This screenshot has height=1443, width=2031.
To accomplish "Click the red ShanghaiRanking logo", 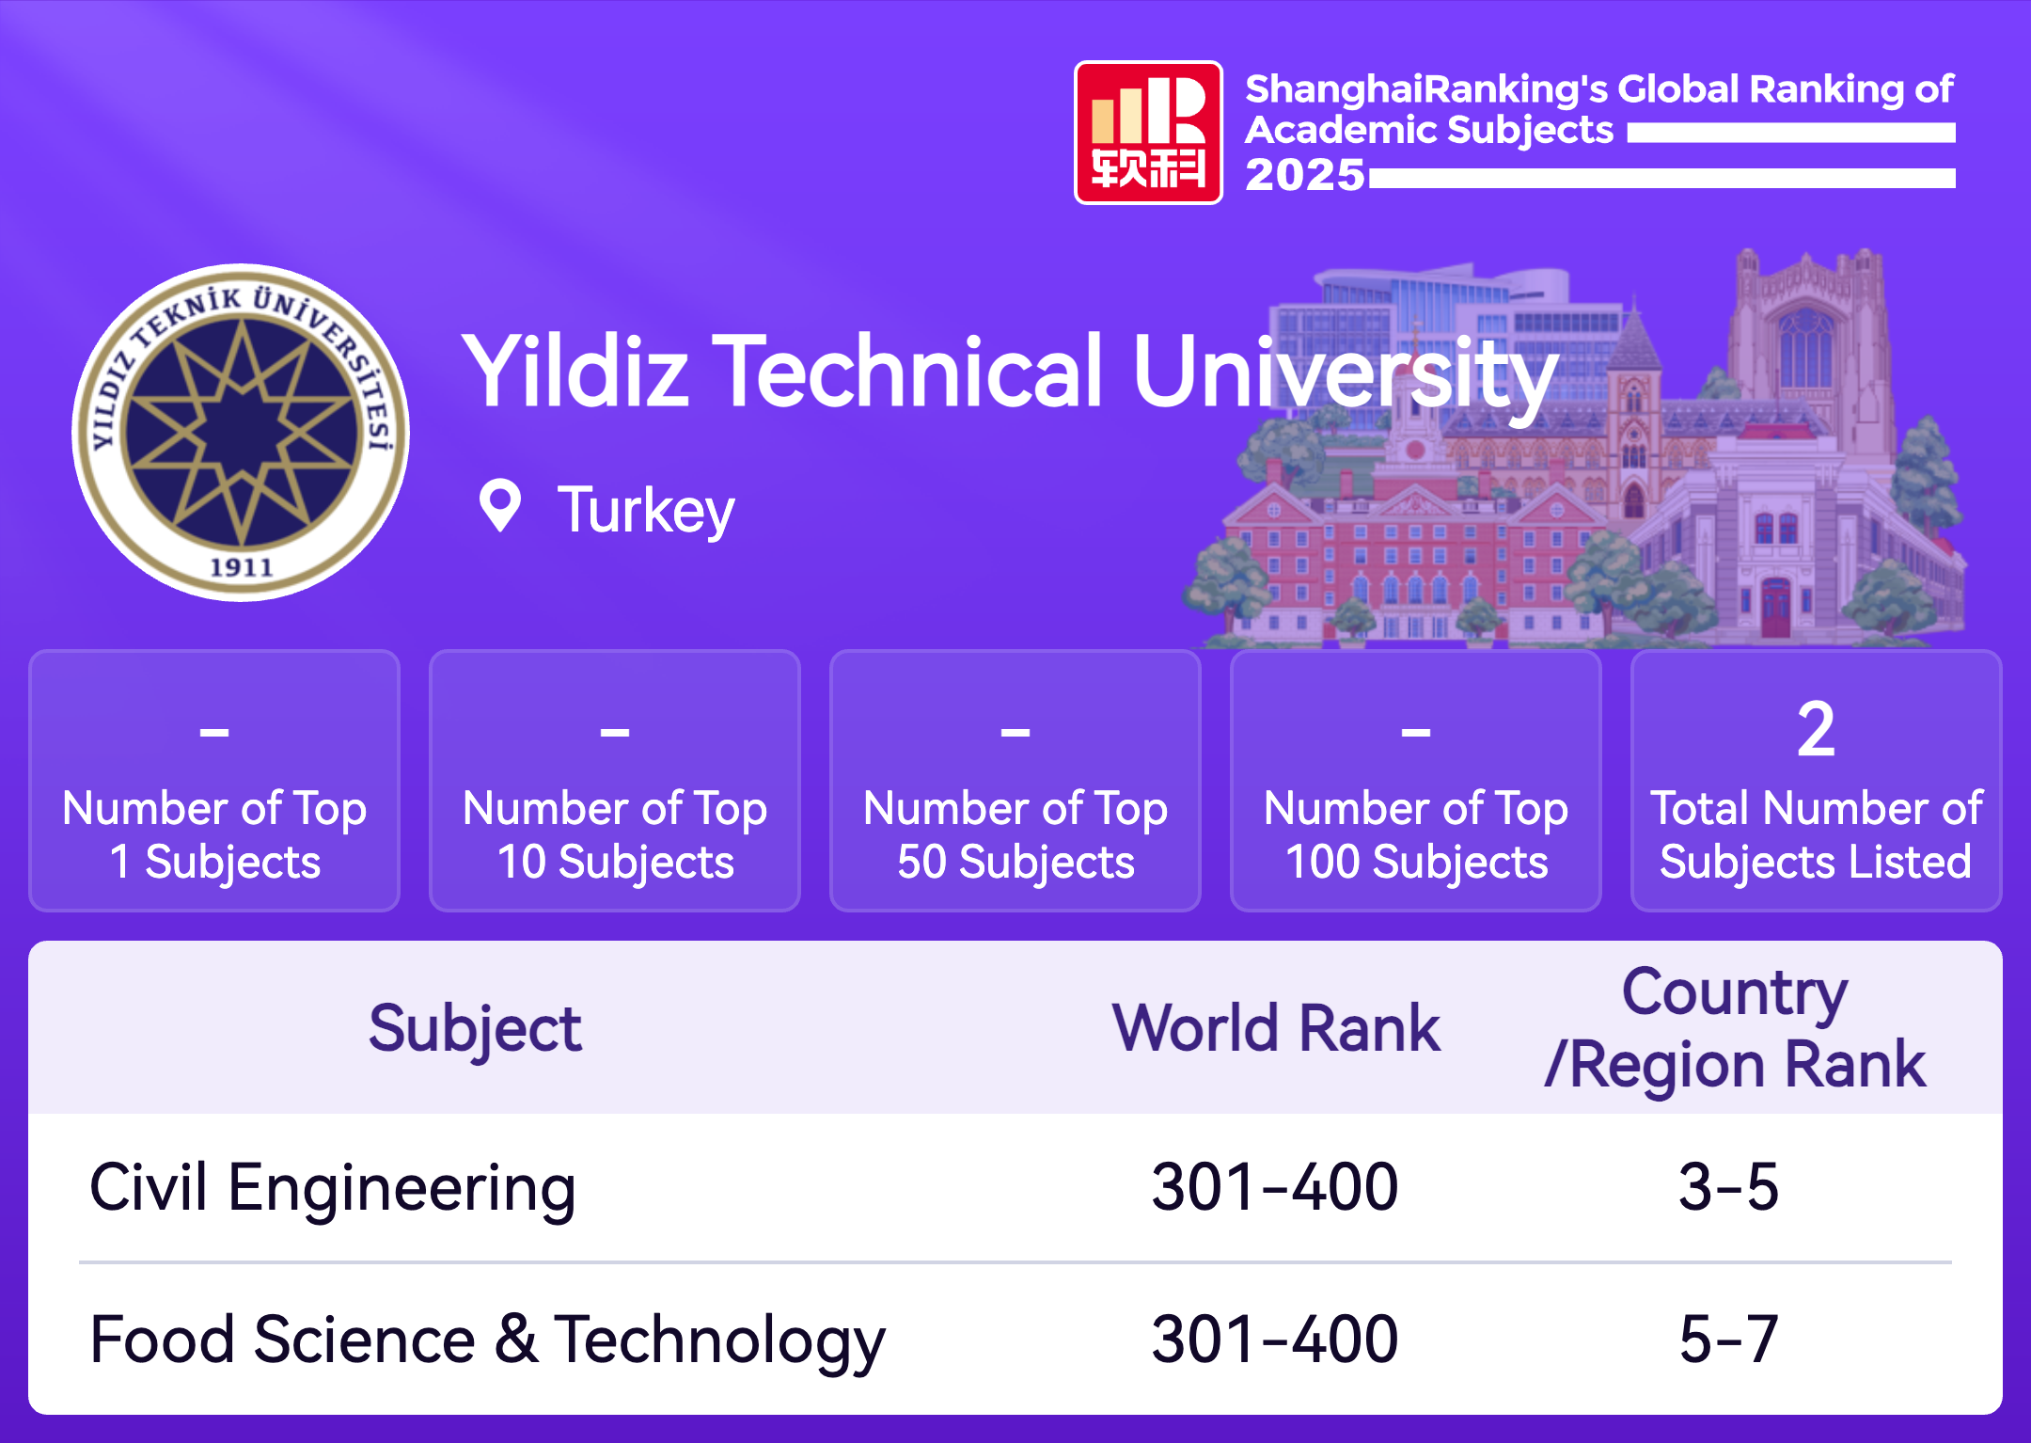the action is pos(1148,133).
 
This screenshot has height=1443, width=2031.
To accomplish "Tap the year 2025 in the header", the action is pos(1305,175).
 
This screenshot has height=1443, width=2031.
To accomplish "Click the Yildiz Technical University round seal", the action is pos(241,433).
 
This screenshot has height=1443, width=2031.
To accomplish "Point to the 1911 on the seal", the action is pos(242,567).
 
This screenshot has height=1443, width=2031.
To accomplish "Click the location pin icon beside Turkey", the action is pos(499,505).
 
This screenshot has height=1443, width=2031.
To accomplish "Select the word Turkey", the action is pos(646,511).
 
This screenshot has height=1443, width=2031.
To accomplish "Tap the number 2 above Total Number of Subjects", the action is pos(1816,729).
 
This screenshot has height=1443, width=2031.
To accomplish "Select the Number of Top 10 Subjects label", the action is pos(615,834).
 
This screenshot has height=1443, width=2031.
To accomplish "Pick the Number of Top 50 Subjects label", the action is pos(1015,834).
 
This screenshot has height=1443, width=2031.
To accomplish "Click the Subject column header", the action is pos(475,1029).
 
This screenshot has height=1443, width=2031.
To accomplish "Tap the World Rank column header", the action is pos(1276,1027).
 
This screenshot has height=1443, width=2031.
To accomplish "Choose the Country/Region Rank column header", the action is pos(1736,1028).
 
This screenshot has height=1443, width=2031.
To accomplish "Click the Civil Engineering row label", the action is pos(332,1188).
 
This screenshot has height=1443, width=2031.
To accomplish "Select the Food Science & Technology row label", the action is pos(487,1340).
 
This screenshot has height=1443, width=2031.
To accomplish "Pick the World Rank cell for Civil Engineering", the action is pos(1275,1187).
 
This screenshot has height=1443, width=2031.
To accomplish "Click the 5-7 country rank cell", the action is pos(1729,1340).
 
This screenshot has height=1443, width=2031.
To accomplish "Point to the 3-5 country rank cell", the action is pos(1729,1187).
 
